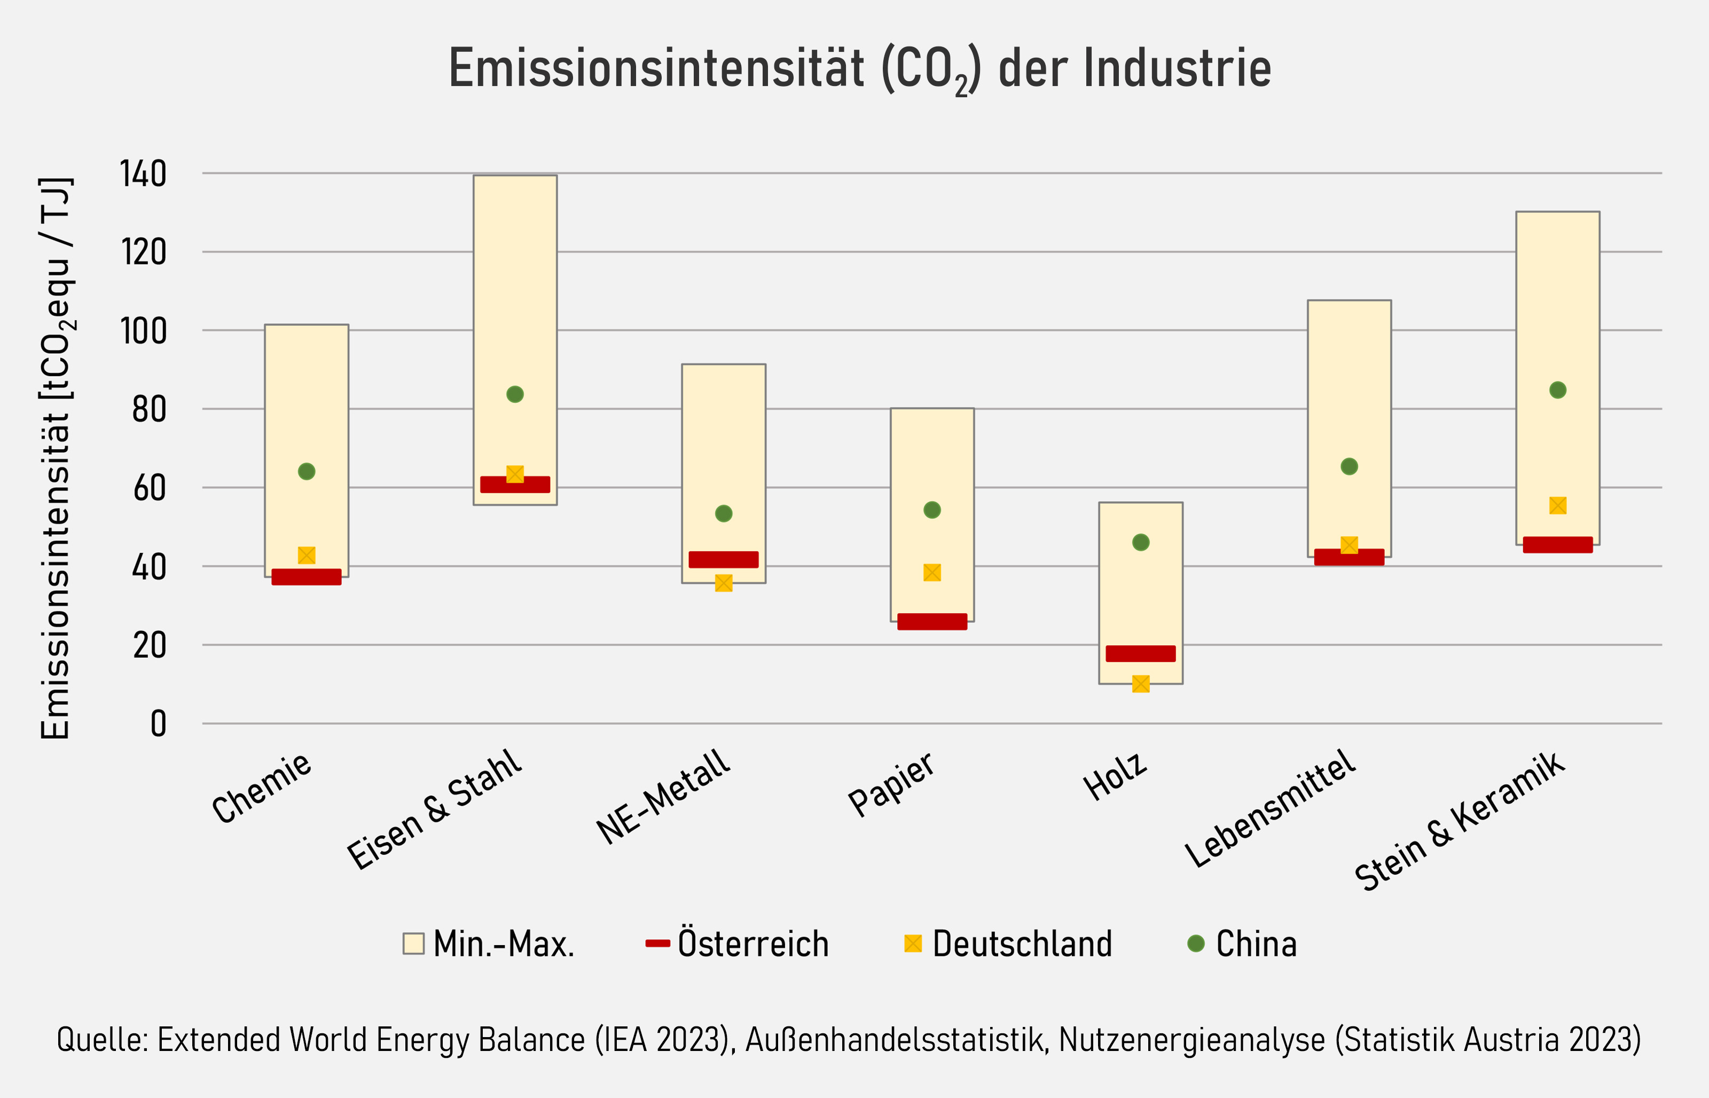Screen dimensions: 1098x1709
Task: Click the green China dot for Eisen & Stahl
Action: pyautogui.click(x=514, y=394)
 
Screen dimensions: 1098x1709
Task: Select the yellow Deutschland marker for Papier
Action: pyautogui.click(x=931, y=573)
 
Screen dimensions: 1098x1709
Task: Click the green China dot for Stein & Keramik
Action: pyautogui.click(x=1557, y=390)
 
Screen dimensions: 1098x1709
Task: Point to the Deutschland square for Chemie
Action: pyautogui.click(x=307, y=555)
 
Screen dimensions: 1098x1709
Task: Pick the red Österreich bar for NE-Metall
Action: pyautogui.click(x=723, y=560)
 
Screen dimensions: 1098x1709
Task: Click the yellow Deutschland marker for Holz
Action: pyautogui.click(x=1140, y=684)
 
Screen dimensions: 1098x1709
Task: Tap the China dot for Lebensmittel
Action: pyautogui.click(x=1349, y=466)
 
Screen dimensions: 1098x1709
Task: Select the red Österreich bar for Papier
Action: pyautogui.click(x=931, y=622)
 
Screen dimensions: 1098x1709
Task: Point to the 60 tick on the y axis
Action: pyautogui.click(x=149, y=488)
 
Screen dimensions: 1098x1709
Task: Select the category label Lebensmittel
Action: pyautogui.click(x=1270, y=809)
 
